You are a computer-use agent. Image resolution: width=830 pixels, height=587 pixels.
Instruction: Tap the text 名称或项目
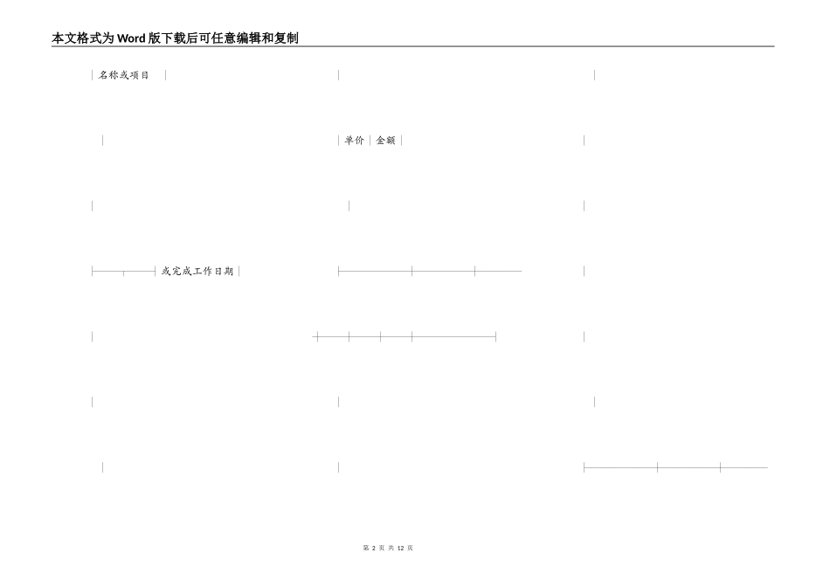point(124,75)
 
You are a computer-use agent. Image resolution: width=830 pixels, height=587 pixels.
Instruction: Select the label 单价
point(354,140)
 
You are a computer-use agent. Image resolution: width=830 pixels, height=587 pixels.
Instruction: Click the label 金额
point(385,140)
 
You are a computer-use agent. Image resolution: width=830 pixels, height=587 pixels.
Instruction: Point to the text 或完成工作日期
point(197,272)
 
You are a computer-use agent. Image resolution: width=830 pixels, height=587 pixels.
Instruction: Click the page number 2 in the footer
point(373,548)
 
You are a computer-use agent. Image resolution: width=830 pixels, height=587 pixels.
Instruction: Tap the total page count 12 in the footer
point(400,548)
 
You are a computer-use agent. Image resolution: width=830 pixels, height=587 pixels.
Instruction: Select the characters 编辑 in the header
point(247,38)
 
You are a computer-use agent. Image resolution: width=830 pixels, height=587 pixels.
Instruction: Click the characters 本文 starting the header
point(63,38)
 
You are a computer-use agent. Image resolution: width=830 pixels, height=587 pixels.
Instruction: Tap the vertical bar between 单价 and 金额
point(370,140)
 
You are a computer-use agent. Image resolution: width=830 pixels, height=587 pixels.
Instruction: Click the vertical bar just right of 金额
point(401,140)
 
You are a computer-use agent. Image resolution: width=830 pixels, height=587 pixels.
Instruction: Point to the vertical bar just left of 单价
point(339,140)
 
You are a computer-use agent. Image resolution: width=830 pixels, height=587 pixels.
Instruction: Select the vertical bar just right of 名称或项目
point(165,75)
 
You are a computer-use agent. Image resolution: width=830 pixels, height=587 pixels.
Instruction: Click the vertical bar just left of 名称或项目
point(93,75)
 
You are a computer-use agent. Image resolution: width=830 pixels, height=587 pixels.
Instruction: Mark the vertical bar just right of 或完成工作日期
point(239,272)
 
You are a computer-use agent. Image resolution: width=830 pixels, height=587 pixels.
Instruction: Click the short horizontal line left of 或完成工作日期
point(123,272)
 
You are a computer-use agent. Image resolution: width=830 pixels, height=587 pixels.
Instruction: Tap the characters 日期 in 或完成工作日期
point(224,272)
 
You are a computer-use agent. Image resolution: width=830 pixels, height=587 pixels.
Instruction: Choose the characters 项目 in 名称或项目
point(140,75)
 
